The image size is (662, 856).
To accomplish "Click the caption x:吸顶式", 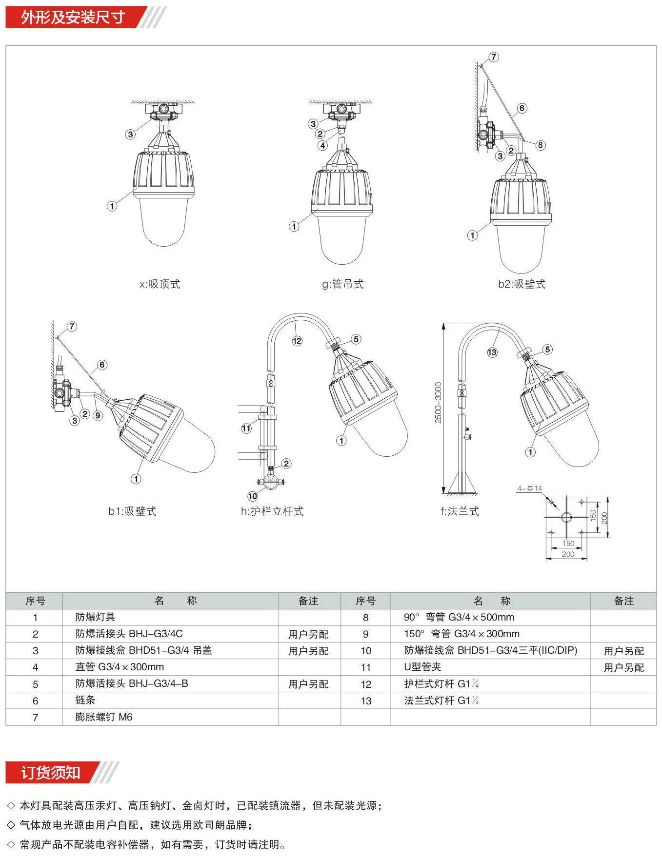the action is (160, 284).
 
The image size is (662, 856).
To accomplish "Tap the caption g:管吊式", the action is (343, 284).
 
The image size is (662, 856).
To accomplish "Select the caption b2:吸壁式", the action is (522, 284).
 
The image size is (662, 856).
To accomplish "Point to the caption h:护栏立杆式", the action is (272, 511).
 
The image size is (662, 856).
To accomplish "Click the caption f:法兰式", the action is (460, 511).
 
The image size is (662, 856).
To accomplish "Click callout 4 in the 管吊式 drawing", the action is (322, 145).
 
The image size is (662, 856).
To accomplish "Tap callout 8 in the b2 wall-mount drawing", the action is (540, 145).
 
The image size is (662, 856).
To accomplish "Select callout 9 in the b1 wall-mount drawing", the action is (98, 415).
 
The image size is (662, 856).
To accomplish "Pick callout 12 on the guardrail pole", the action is (297, 341).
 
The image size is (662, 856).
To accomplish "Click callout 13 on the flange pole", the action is (492, 352).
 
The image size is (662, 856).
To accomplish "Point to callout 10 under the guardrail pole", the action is (252, 496).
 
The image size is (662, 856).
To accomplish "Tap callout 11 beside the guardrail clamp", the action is (246, 428).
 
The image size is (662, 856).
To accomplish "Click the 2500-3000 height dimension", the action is (438, 403).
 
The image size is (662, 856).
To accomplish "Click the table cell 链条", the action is (85, 700).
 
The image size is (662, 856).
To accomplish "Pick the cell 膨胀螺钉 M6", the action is (104, 717).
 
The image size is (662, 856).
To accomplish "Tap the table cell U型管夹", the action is (422, 667).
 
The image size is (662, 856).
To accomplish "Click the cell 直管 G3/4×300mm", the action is (120, 667).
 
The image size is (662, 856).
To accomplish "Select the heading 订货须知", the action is (51, 773).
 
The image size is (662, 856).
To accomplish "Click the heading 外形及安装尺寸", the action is (73, 17).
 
